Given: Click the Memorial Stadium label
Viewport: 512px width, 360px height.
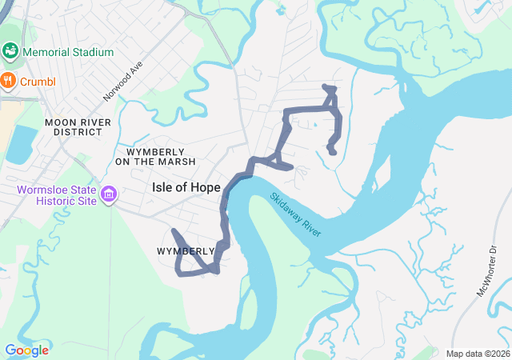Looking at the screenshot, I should click(x=68, y=52).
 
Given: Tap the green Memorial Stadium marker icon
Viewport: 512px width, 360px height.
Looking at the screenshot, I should click(x=11, y=52).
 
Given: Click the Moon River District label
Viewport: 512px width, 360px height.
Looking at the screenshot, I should click(x=77, y=126).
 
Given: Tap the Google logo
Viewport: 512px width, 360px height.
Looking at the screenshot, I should click(x=26, y=350).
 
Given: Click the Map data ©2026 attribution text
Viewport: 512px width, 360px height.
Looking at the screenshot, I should click(x=477, y=354).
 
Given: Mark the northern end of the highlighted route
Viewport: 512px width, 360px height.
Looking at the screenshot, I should click(x=324, y=86).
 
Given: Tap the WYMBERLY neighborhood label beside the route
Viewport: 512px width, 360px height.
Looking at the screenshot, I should click(x=186, y=251).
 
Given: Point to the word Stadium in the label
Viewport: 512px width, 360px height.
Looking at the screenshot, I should click(x=90, y=52).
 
